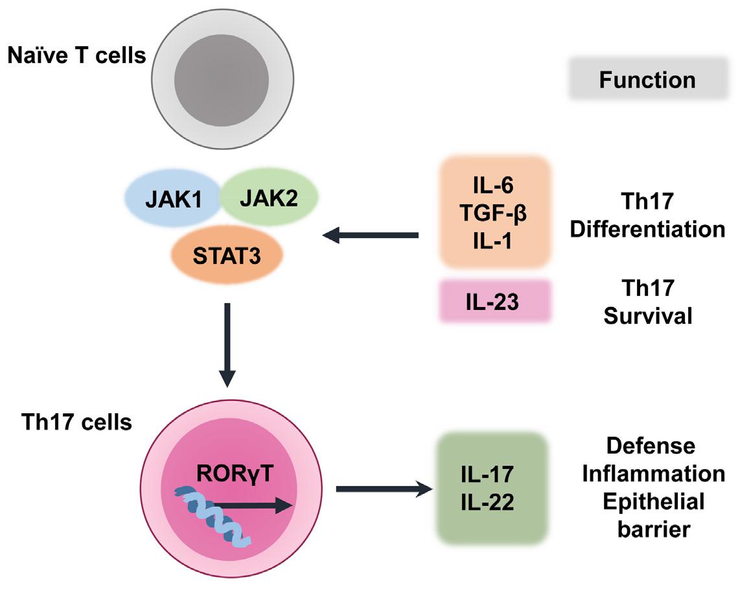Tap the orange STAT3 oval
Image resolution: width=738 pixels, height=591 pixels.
[x=226, y=254]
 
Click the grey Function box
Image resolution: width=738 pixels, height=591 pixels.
[x=647, y=79]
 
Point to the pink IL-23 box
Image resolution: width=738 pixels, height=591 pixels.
[x=495, y=302]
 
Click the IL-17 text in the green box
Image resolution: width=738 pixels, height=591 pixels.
[x=493, y=475]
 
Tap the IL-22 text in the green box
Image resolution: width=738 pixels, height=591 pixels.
[x=493, y=502]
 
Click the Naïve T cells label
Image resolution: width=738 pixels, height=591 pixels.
[x=76, y=56]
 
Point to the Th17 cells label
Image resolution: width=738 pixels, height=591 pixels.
[x=76, y=423]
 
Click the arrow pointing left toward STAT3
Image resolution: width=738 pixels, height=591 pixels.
[x=370, y=235]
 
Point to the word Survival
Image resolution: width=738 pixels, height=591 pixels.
[x=647, y=316]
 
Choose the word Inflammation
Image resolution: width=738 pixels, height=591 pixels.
[x=652, y=474]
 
